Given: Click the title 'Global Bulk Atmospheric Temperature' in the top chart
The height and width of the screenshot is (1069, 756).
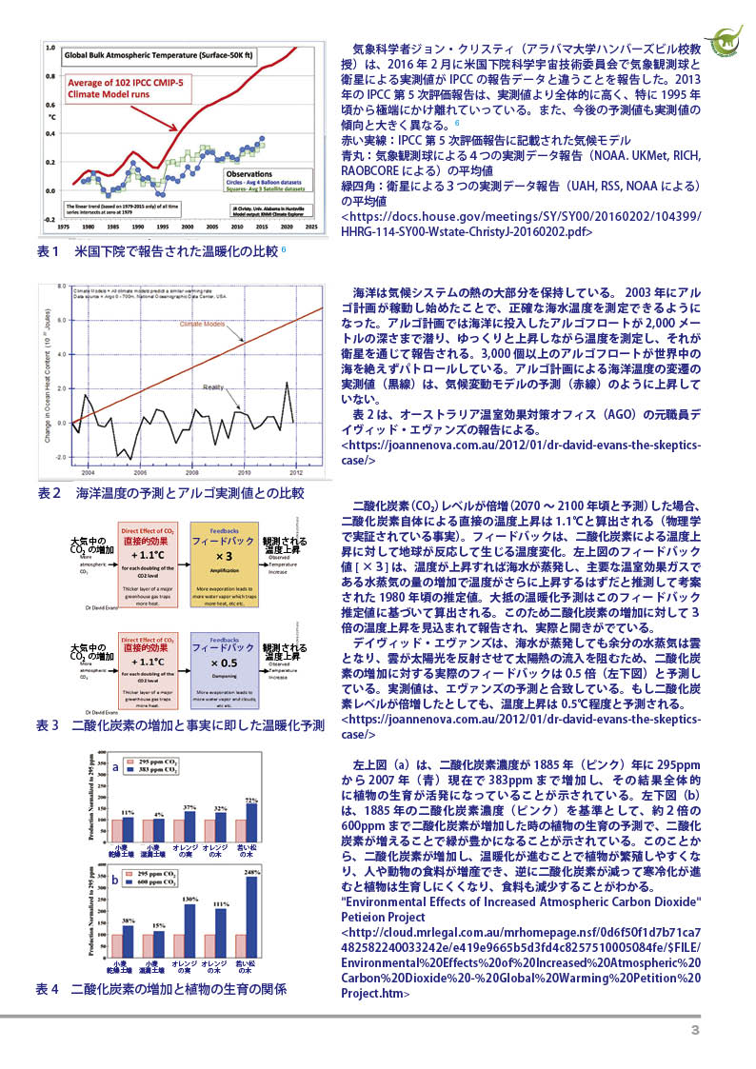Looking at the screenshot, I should pos(156,55).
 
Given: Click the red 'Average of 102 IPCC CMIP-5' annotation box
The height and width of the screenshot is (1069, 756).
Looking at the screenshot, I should pos(128,96).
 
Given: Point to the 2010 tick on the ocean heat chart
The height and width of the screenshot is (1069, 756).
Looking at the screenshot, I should pos(244,471).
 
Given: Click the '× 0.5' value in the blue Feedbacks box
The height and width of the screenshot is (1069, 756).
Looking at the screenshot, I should pos(224,663).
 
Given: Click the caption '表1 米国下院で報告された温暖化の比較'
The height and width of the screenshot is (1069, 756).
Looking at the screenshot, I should pos(157,252).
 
